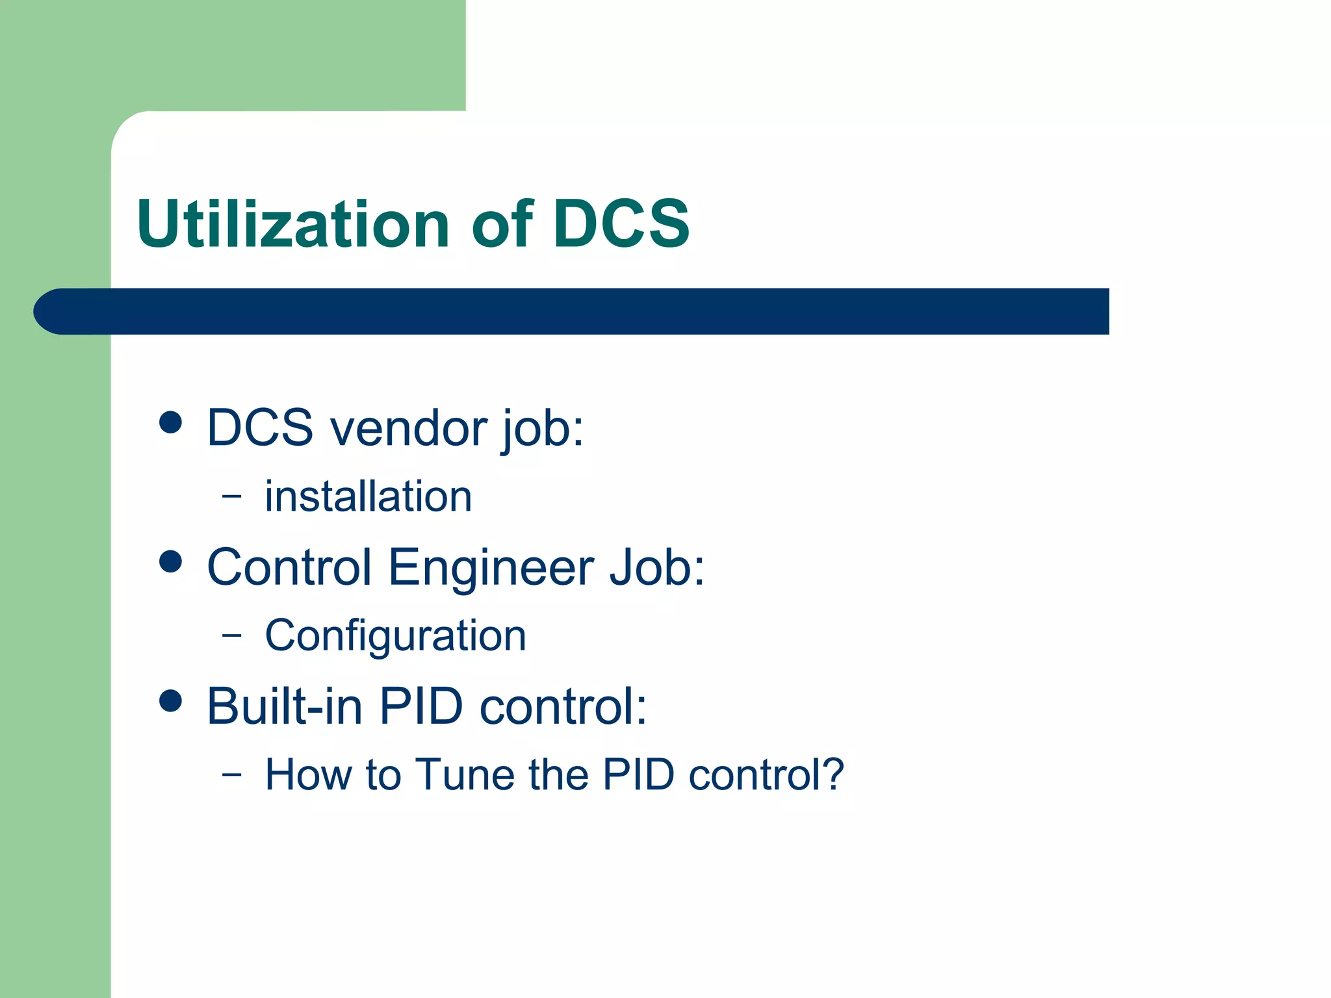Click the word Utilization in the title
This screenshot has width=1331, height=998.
pos(292,224)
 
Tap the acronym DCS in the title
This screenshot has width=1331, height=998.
pos(621,224)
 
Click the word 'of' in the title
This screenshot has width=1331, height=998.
pos(501,224)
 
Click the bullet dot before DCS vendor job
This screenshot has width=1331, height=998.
pos(170,422)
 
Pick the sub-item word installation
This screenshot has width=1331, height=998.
pos(368,497)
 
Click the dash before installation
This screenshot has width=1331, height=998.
pos(231,496)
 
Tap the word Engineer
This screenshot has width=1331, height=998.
pos(491,567)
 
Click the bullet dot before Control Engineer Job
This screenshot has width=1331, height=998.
pos(170,561)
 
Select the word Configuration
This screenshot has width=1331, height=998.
pos(395,635)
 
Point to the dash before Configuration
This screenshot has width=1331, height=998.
pos(231,635)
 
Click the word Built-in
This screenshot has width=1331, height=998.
pos(284,706)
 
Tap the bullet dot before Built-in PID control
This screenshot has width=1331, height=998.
pos(170,701)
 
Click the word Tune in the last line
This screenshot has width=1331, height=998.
pos(465,774)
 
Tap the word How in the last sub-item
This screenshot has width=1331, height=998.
pos(308,774)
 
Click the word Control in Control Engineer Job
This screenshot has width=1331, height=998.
pos(289,567)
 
